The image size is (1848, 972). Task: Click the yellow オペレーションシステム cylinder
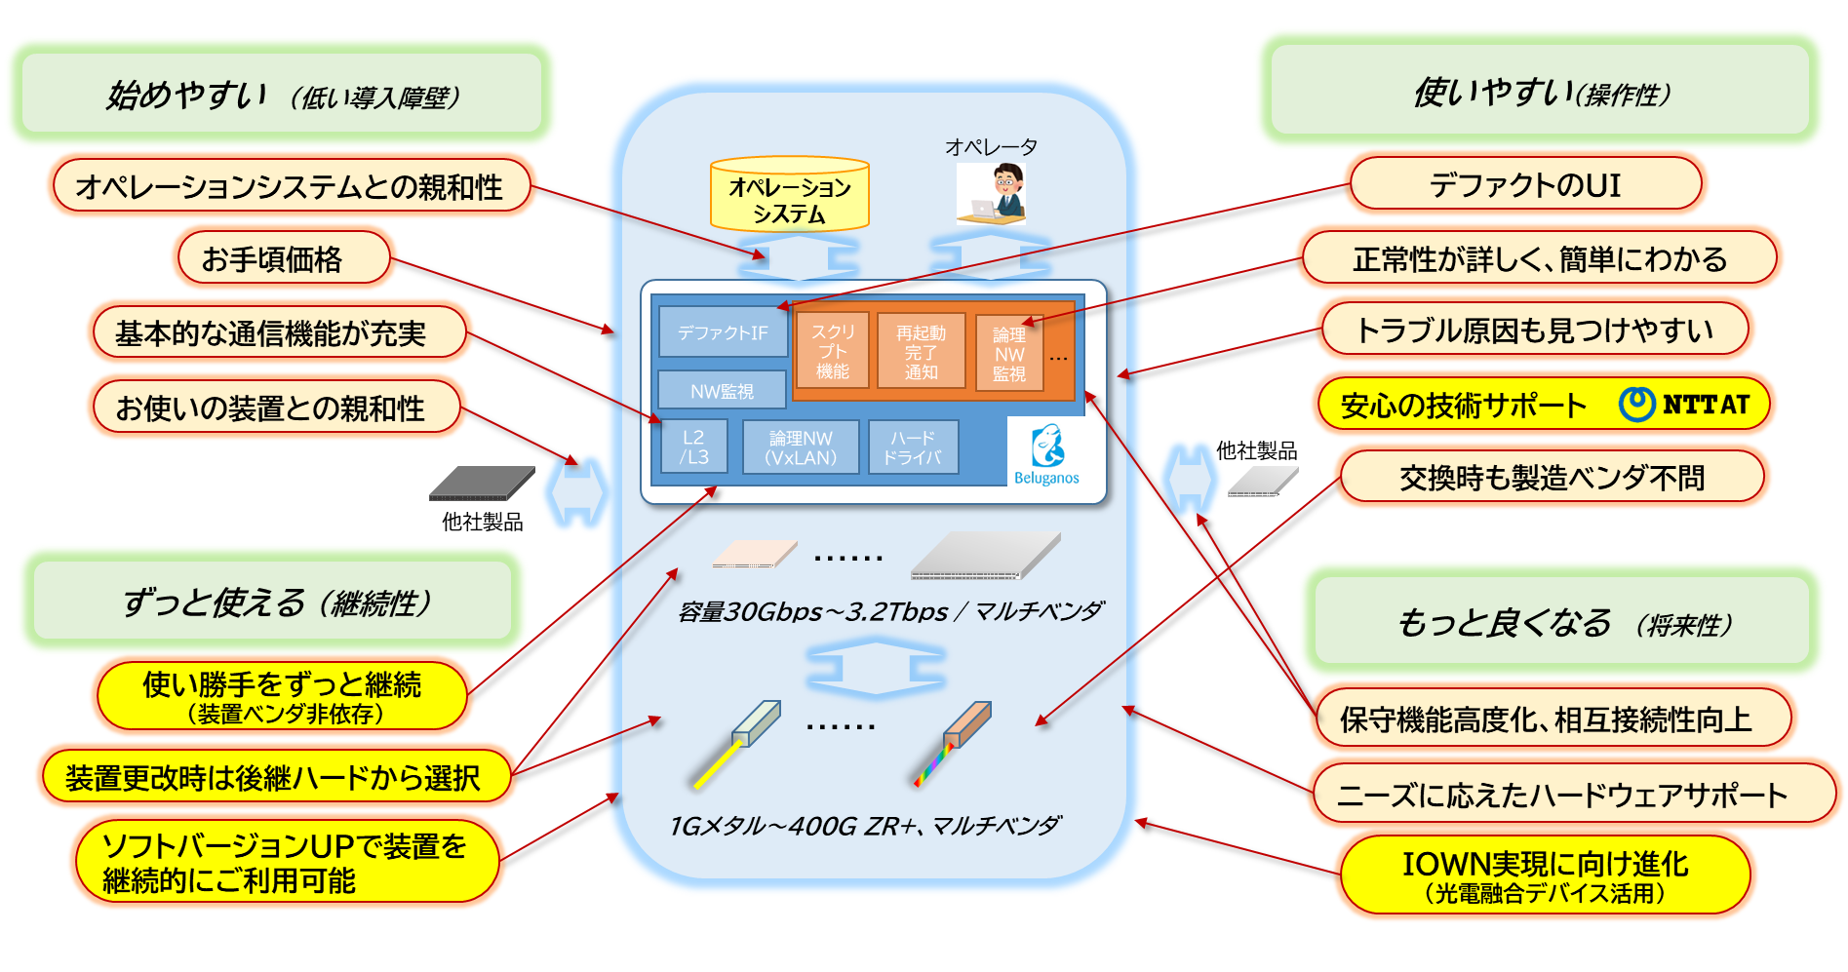click(x=789, y=195)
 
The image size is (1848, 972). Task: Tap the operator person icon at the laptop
click(x=993, y=193)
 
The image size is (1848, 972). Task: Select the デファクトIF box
click(x=722, y=332)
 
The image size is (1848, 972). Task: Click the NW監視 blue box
click(x=722, y=391)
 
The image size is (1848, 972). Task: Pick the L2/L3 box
click(x=694, y=447)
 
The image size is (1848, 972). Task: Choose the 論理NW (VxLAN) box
click(x=801, y=447)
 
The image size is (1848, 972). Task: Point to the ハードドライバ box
click(x=913, y=447)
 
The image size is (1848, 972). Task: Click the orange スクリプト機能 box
click(x=832, y=351)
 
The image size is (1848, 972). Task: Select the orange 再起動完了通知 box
click(x=921, y=351)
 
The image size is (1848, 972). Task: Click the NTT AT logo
click(x=1684, y=404)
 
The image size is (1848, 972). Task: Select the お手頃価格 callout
click(x=284, y=258)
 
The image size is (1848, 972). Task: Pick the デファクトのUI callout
click(x=1525, y=184)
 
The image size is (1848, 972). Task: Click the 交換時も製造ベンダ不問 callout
click(x=1552, y=478)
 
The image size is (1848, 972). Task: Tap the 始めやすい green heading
click(x=282, y=95)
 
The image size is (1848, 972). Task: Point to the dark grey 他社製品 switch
click(x=482, y=483)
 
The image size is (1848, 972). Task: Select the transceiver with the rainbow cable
click(x=954, y=742)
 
